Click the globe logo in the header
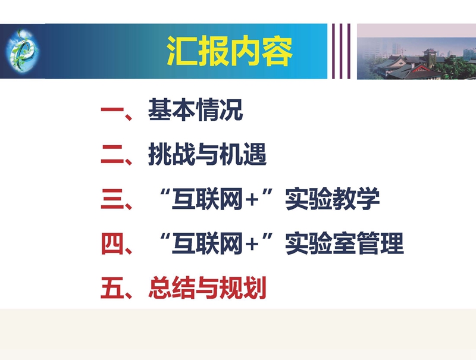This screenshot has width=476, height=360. [x=22, y=50]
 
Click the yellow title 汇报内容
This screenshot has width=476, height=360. [x=230, y=51]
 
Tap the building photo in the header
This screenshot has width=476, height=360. [x=416, y=51]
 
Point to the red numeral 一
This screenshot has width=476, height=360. [x=112, y=109]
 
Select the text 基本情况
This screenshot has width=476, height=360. [x=195, y=109]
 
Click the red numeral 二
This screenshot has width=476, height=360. [x=112, y=155]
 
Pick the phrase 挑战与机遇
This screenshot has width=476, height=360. [x=207, y=155]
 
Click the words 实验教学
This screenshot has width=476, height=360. [x=333, y=199]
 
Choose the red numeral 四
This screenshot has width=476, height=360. [x=112, y=244]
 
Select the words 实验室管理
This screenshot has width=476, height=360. [x=345, y=243]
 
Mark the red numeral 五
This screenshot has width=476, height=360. [x=112, y=288]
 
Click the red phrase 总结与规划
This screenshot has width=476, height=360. [x=207, y=288]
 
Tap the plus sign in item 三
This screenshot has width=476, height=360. [x=252, y=200]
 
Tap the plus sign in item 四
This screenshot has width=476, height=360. [x=252, y=245]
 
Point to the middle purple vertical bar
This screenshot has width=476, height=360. [x=341, y=51]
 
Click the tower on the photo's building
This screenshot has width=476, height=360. [x=430, y=55]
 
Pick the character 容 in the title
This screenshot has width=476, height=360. [x=277, y=51]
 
